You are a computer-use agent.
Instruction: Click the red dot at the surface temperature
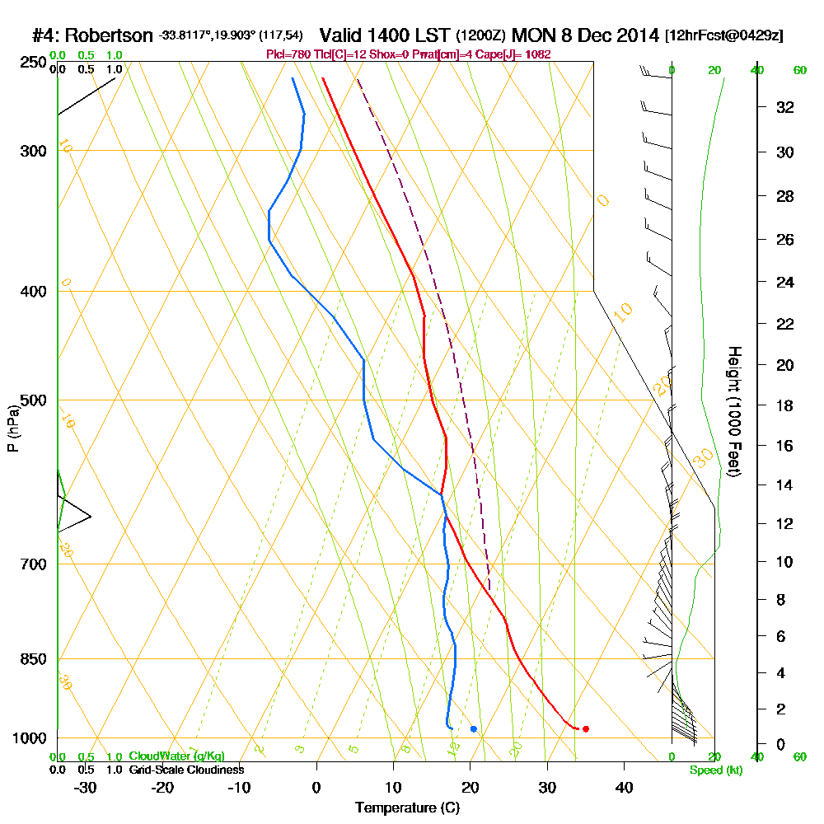pos(585,728)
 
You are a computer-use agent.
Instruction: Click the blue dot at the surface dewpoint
pos(473,728)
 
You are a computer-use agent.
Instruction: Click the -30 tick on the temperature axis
pos(85,788)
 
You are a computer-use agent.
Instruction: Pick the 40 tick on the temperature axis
pos(624,788)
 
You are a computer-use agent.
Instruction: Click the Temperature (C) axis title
pos(407,808)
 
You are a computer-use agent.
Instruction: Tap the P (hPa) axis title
pos(12,428)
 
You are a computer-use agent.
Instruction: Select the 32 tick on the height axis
pos(784,107)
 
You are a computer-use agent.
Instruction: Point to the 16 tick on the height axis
pos(784,446)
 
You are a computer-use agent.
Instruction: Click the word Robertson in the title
pos(109,36)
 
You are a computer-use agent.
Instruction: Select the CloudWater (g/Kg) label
pos(176,756)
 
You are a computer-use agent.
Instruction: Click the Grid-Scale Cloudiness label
pos(186,770)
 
